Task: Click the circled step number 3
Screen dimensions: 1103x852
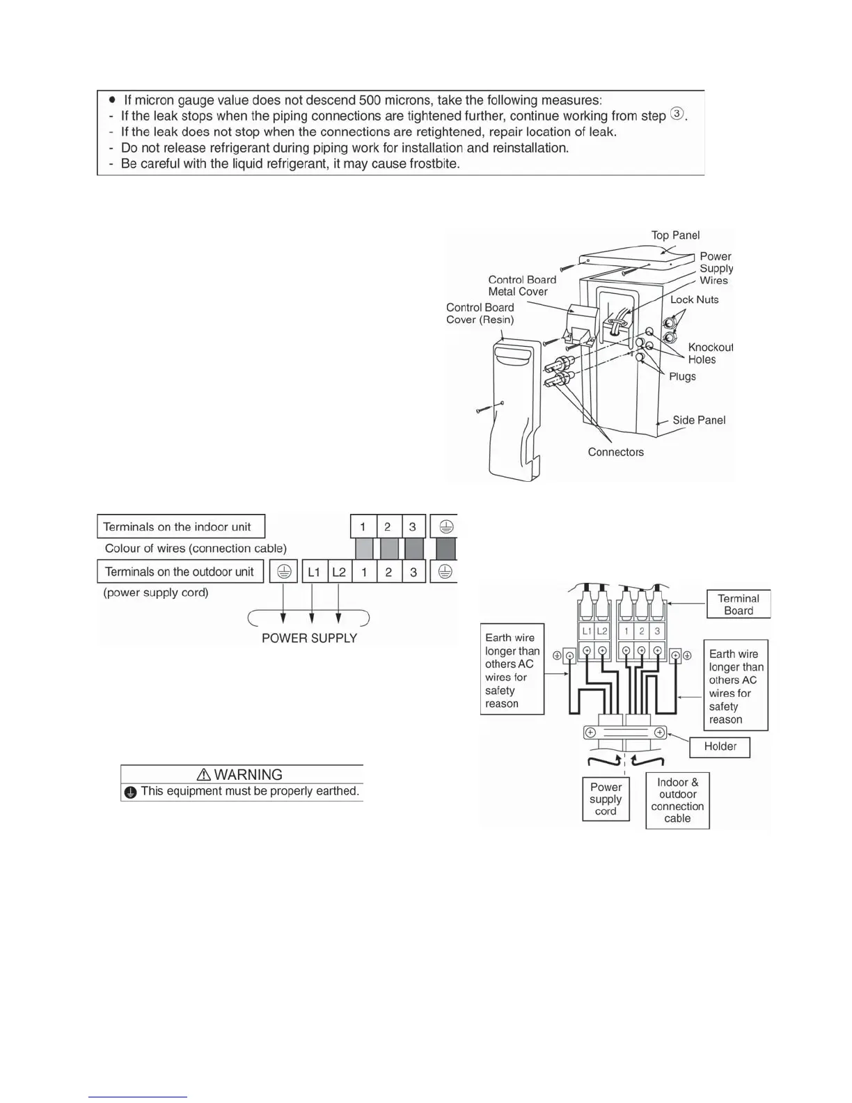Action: tap(677, 115)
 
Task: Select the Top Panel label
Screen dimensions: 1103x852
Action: tap(675, 235)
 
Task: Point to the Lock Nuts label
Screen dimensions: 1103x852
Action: tap(694, 299)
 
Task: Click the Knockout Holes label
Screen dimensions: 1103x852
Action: tap(709, 353)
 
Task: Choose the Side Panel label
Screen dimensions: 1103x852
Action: tap(699, 420)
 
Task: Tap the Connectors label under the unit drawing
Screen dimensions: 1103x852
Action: tap(615, 452)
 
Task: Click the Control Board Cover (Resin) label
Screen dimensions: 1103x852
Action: tap(480, 313)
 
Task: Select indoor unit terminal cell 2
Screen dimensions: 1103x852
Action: tap(388, 526)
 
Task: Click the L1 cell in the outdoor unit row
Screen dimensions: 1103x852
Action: tap(314, 572)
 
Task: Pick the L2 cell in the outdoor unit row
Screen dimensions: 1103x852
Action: tap(339, 572)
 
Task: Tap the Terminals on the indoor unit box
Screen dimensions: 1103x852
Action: tap(180, 526)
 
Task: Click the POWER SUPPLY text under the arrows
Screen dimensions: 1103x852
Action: tap(309, 638)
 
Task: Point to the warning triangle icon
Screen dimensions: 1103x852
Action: tap(204, 775)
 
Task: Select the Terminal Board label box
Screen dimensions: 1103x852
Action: tap(738, 604)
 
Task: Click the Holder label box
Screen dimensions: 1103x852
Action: tap(720, 746)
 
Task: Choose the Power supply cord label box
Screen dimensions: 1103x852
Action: tap(606, 799)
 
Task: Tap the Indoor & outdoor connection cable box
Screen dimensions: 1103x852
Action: tap(677, 800)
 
